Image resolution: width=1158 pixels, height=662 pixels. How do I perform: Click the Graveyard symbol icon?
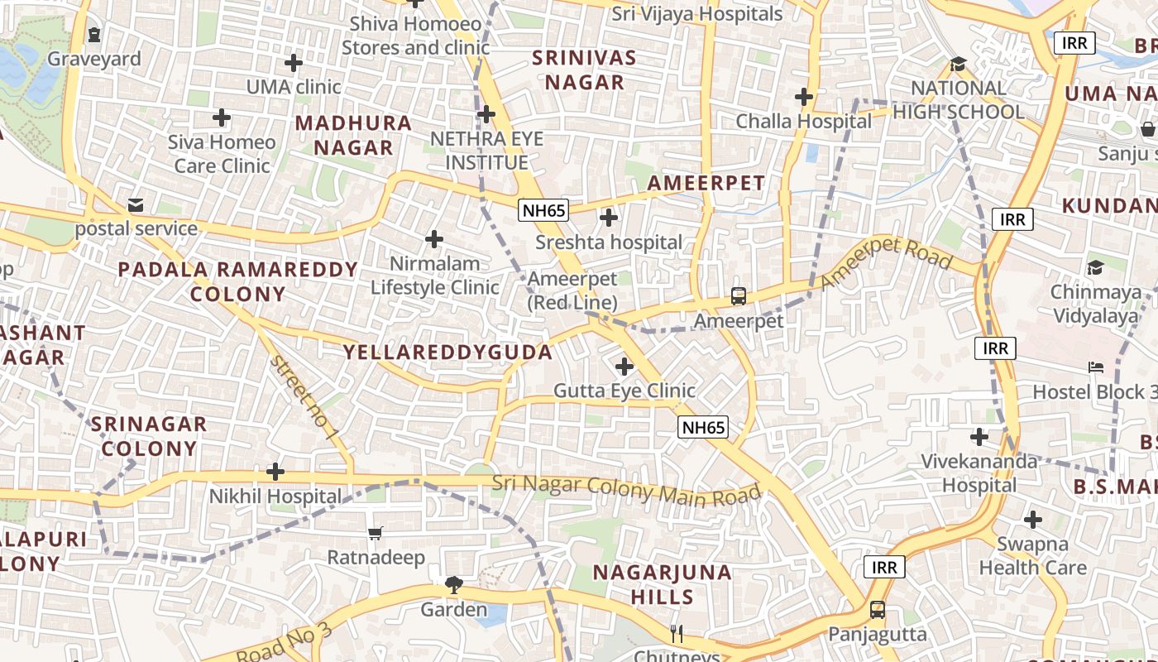pyautogui.click(x=94, y=35)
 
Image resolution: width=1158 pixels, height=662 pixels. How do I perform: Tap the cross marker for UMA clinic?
pyautogui.click(x=294, y=62)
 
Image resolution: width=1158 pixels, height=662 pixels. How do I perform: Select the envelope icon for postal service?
pyautogui.click(x=135, y=204)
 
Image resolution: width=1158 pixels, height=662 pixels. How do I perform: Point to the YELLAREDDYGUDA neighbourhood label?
pyautogui.click(x=447, y=353)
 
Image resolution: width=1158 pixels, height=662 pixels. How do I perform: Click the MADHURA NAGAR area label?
pyautogui.click(x=353, y=136)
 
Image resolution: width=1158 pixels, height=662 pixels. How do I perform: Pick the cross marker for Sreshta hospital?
pyautogui.click(x=609, y=218)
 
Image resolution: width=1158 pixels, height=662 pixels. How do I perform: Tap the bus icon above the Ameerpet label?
pyautogui.click(x=739, y=295)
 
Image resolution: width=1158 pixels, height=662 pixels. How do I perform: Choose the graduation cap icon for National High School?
pyautogui.click(x=959, y=64)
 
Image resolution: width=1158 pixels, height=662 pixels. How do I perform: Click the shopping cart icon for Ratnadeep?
pyautogui.click(x=376, y=533)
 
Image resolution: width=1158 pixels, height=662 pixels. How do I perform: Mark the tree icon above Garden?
pyautogui.click(x=453, y=585)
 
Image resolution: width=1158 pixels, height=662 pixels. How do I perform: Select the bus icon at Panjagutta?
pyautogui.click(x=878, y=610)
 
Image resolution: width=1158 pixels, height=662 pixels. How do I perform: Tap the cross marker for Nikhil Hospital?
pyautogui.click(x=275, y=472)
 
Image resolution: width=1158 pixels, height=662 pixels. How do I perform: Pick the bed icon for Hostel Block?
pyautogui.click(x=1096, y=367)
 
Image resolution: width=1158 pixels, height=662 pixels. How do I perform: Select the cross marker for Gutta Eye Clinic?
pyautogui.click(x=624, y=366)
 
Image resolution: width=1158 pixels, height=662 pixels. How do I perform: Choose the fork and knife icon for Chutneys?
pyautogui.click(x=677, y=634)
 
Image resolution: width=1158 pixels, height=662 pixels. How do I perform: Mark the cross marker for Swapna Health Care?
pyautogui.click(x=1032, y=520)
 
